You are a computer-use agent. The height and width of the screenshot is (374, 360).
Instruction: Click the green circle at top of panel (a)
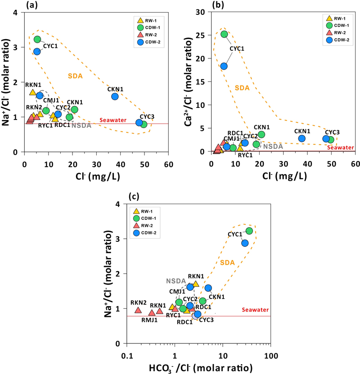[x=37, y=39]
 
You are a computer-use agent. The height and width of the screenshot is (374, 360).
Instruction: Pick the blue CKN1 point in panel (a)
[x=115, y=96]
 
